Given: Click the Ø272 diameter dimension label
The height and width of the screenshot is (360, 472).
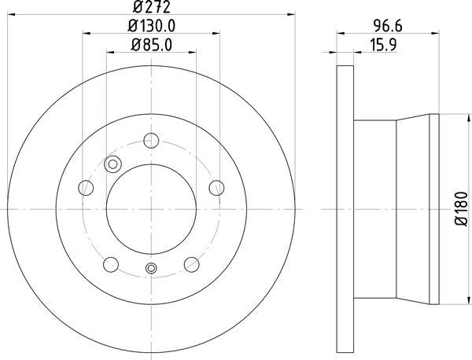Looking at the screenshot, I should click(x=152, y=7).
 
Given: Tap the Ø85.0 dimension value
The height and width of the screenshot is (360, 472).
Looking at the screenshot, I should click(x=152, y=44).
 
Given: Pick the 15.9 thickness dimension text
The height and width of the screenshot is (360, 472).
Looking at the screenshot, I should click(x=387, y=44).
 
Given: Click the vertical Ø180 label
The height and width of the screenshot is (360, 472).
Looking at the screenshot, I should click(x=460, y=210).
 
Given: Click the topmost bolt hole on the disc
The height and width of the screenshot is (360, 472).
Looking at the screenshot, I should click(x=152, y=142).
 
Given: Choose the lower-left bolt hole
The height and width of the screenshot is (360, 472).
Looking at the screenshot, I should click(x=111, y=263).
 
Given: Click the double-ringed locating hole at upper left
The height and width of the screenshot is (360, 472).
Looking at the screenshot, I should click(x=112, y=164).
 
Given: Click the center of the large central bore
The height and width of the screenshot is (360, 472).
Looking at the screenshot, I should click(x=152, y=209).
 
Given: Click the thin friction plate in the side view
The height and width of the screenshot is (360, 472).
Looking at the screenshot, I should click(x=345, y=209).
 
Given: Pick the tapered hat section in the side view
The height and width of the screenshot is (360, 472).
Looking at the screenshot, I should click(x=393, y=209).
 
